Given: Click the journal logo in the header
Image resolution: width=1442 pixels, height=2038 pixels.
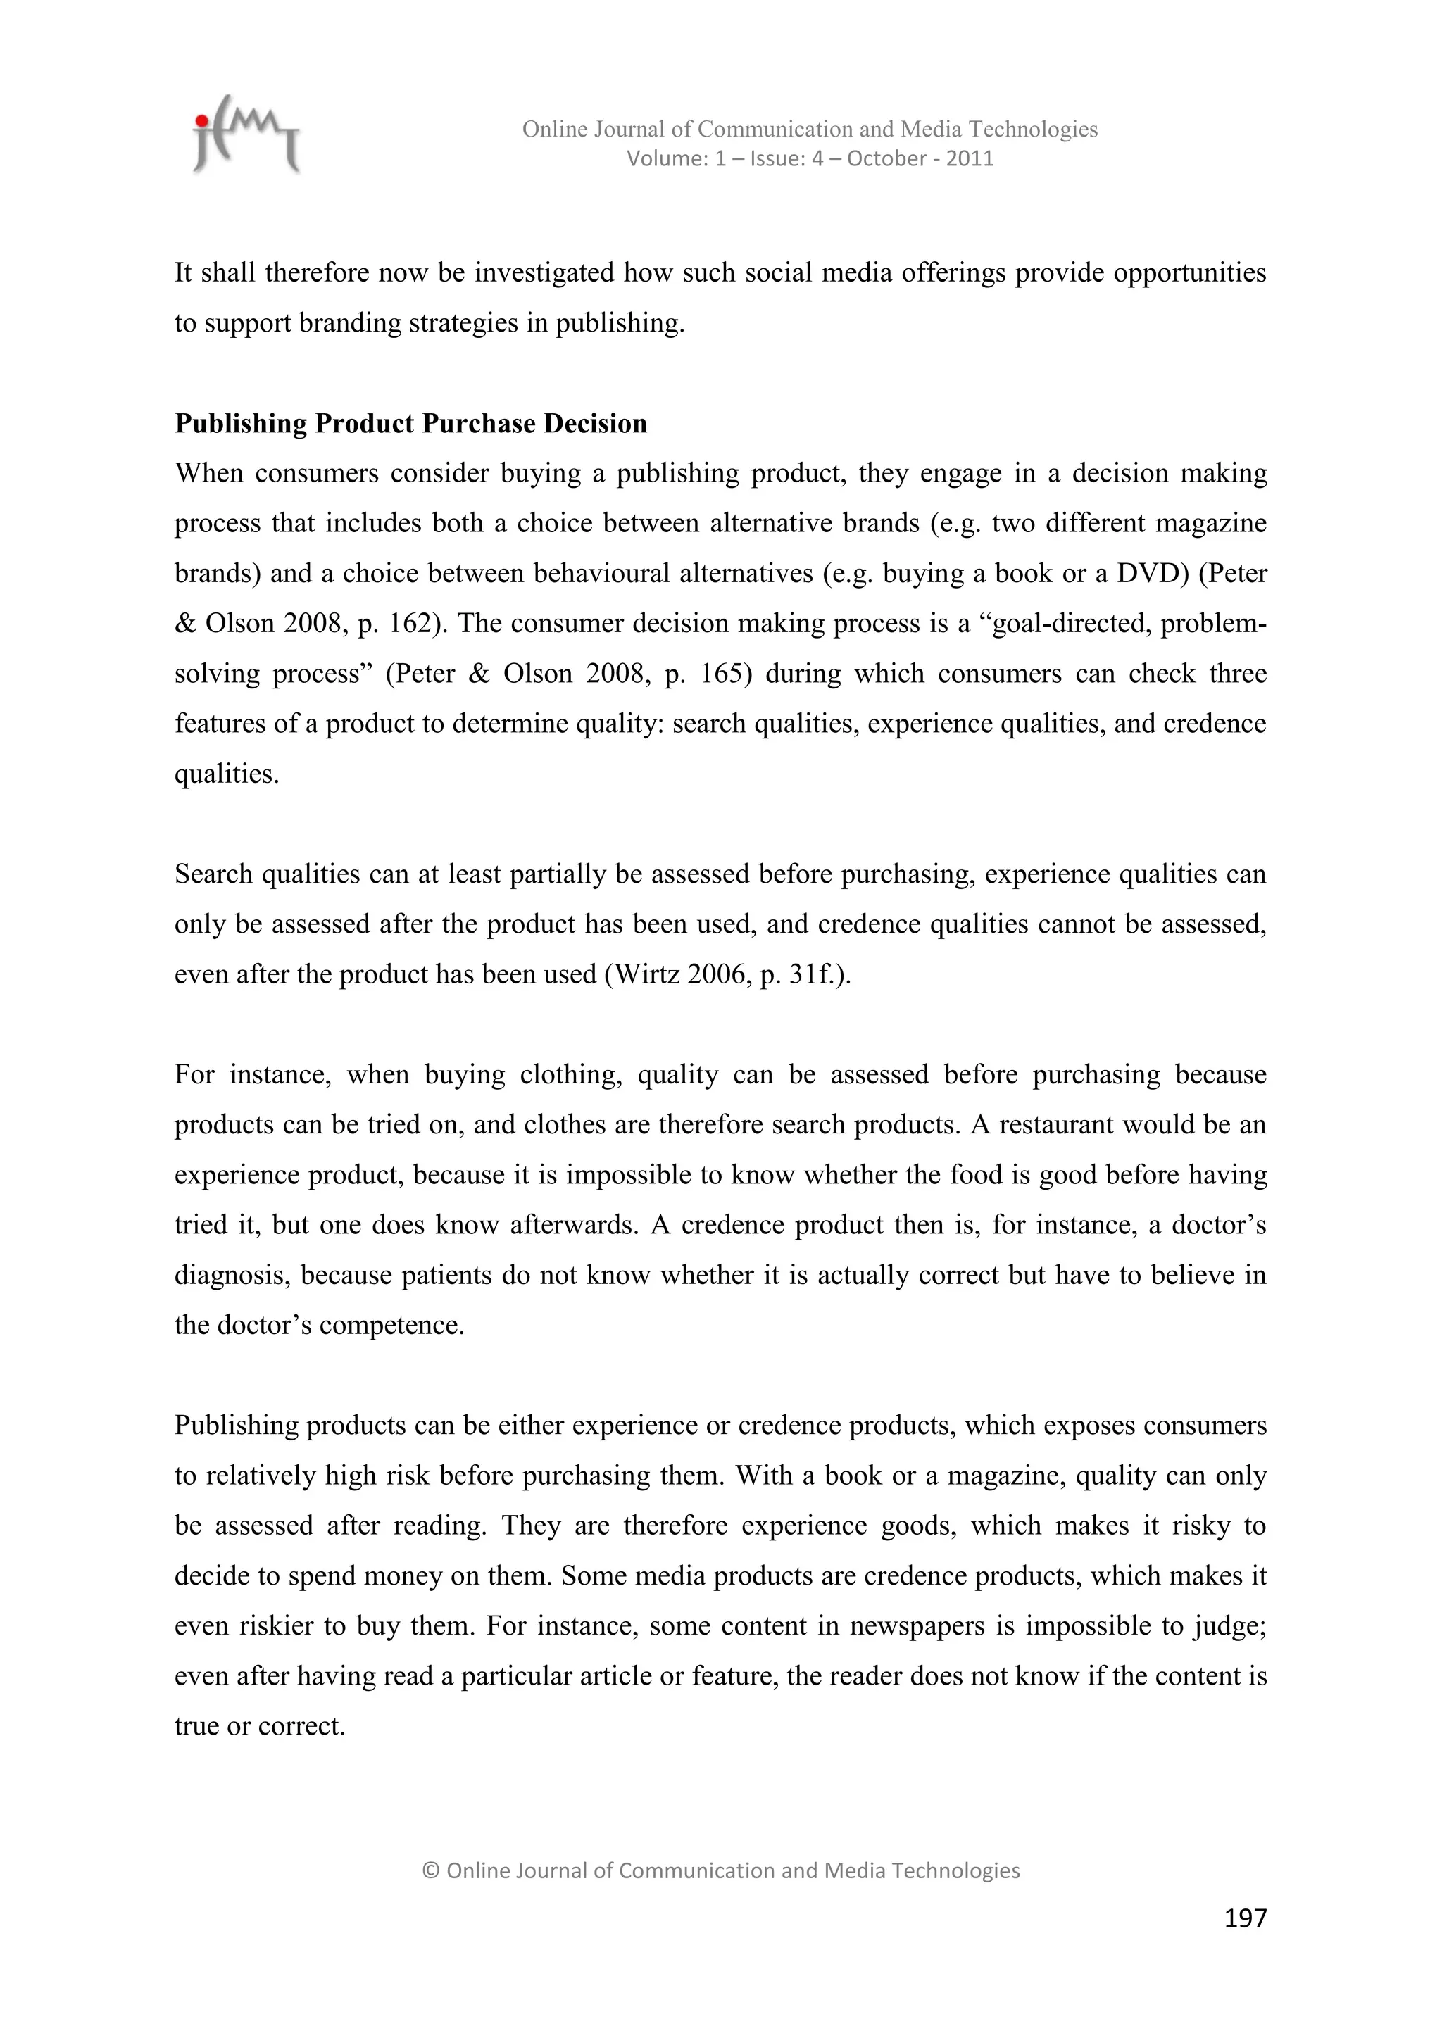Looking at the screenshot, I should tap(246, 135).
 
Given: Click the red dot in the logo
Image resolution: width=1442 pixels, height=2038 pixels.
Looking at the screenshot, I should tap(203, 120).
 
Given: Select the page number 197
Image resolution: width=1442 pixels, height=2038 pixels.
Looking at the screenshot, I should tap(1245, 1919).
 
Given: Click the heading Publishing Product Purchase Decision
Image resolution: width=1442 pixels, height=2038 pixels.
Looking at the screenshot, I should tap(410, 423).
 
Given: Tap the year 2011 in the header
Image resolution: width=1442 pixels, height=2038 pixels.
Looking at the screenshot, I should tap(970, 159).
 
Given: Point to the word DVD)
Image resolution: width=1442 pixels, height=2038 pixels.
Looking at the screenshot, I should tap(1153, 574).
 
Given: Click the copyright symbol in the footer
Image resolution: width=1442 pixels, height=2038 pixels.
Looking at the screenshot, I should tap(431, 1871).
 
